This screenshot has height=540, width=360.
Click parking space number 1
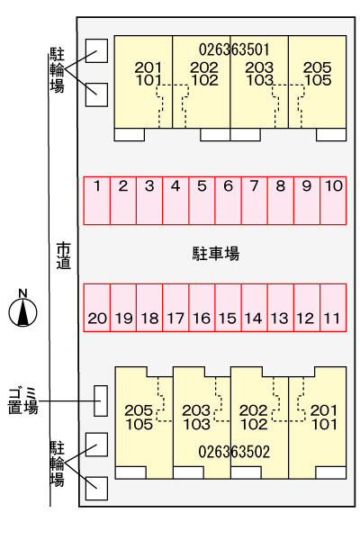click(97, 201)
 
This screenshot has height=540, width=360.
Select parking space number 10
click(333, 201)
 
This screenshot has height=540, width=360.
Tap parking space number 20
click(97, 308)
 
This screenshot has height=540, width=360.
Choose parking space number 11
click(333, 308)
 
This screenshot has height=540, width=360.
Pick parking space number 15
click(228, 308)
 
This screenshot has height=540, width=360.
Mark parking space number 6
click(228, 201)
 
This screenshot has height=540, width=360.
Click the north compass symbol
click(22, 309)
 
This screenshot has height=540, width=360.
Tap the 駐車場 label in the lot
click(216, 254)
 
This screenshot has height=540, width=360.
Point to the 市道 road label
click(64, 256)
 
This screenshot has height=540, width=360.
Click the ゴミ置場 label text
click(22, 400)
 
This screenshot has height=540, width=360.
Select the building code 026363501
click(234, 49)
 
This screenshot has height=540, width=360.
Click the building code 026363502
click(234, 452)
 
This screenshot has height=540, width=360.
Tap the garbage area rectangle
click(101, 400)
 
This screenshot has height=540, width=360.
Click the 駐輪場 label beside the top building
click(58, 70)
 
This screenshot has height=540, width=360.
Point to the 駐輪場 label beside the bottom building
click(58, 463)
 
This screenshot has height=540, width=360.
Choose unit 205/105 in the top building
click(318, 82)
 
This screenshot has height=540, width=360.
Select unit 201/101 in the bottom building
click(318, 423)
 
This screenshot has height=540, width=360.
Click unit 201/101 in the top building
click(143, 82)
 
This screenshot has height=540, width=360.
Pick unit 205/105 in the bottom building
click(144, 423)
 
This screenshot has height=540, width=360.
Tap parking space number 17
click(175, 308)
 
